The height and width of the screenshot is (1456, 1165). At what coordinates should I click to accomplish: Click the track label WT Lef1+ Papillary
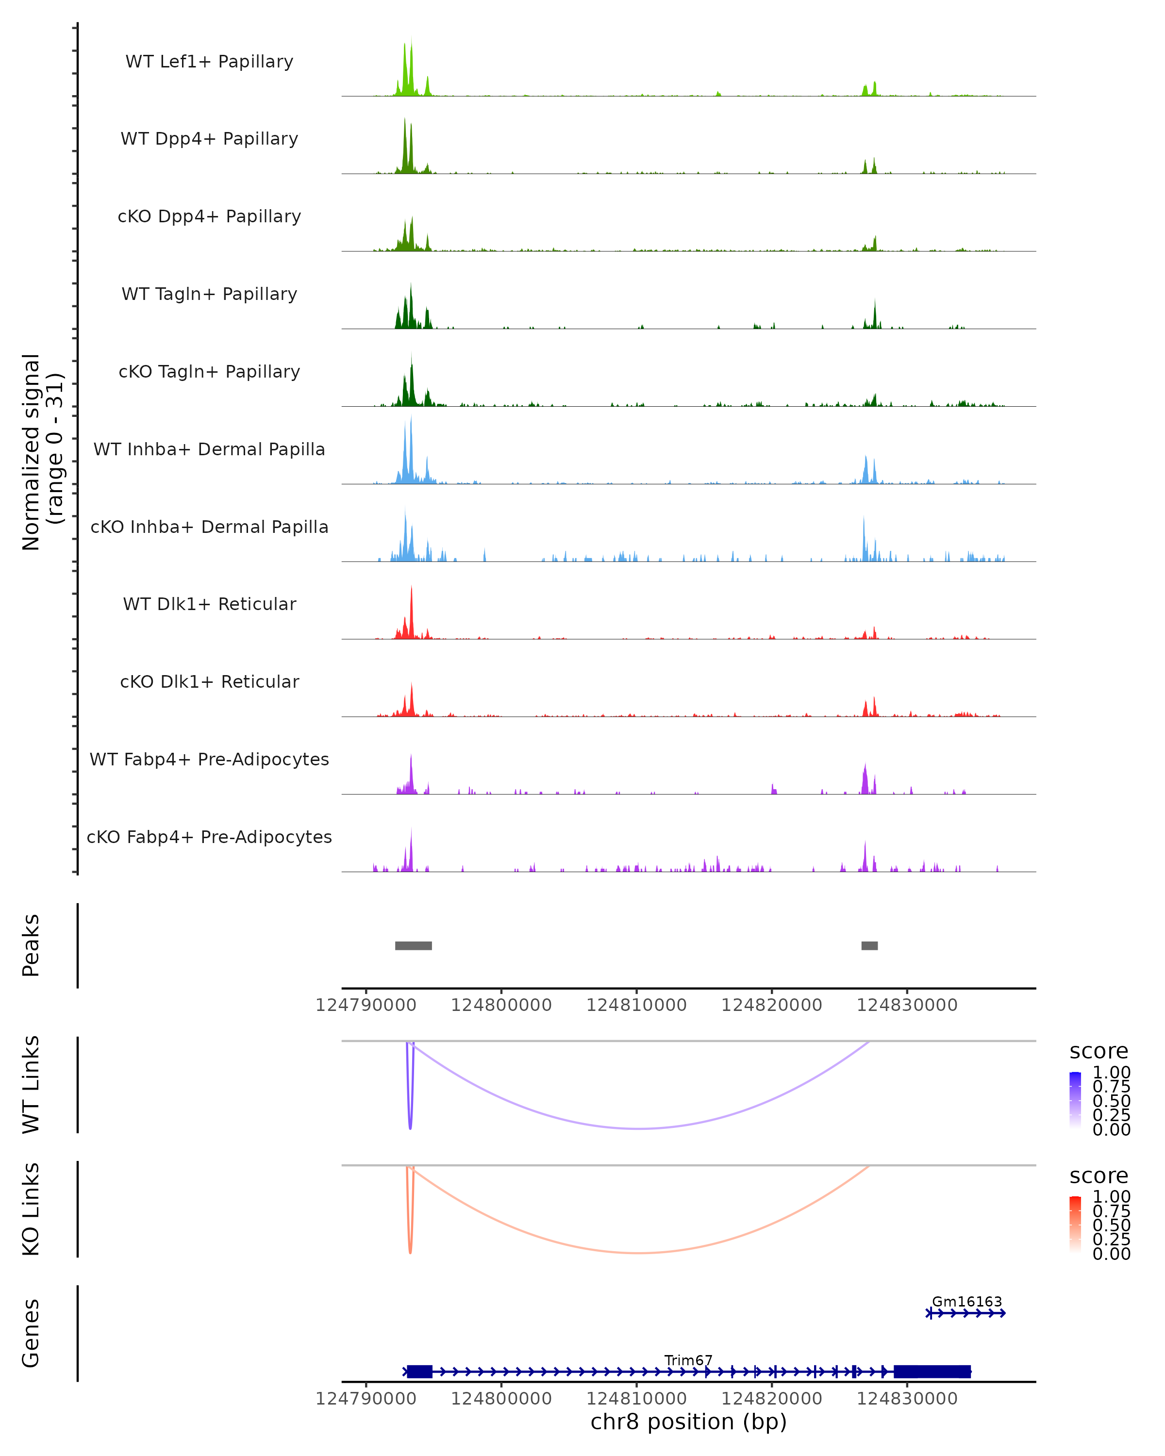(x=209, y=62)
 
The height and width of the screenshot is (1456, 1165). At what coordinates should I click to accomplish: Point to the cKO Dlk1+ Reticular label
(x=209, y=681)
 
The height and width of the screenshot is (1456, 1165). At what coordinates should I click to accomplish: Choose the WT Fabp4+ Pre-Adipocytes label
(x=209, y=759)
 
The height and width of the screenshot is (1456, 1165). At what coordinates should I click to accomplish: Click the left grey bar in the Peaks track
(x=413, y=945)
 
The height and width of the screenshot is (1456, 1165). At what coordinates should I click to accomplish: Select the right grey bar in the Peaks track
(x=869, y=945)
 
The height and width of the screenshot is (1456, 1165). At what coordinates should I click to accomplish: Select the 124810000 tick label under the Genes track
(x=636, y=1399)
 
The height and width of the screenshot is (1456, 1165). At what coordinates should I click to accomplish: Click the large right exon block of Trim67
(x=932, y=1372)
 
